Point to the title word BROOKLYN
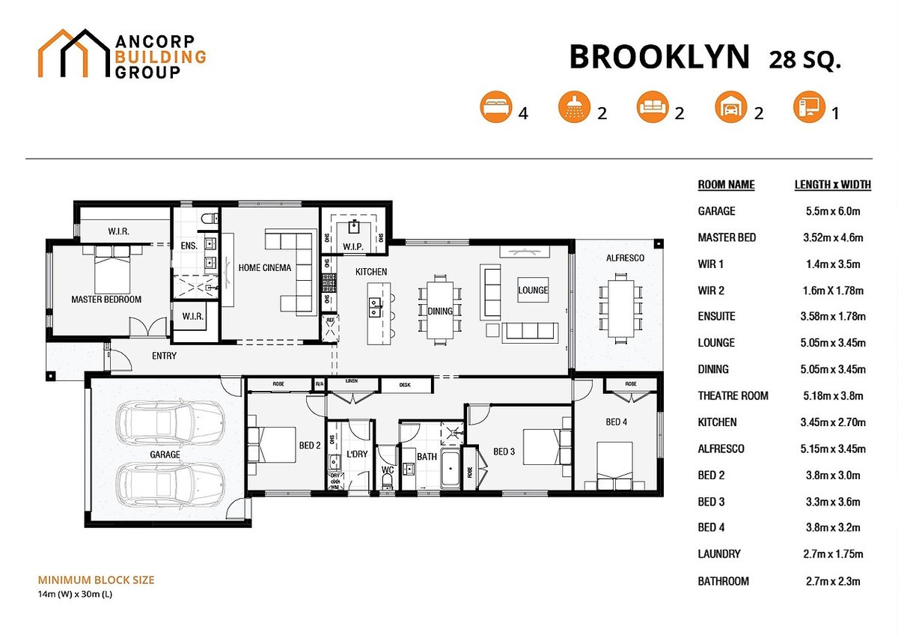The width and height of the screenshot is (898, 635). coord(659,58)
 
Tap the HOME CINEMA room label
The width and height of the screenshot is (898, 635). coord(265,267)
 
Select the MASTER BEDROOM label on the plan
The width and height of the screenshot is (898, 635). coord(106,300)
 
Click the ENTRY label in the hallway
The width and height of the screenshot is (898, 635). coord(164,356)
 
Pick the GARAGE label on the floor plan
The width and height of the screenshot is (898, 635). coord(165,455)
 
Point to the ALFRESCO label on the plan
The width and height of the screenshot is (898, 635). coord(626,258)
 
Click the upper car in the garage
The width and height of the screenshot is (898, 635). coord(171,425)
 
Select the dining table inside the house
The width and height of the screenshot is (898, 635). coord(439,310)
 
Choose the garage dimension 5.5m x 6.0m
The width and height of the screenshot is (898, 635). coord(831,211)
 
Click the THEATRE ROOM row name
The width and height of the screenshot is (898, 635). coord(733,395)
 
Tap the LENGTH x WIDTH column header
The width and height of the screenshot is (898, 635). coord(832,185)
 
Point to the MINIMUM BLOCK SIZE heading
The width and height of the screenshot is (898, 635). coord(96,580)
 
